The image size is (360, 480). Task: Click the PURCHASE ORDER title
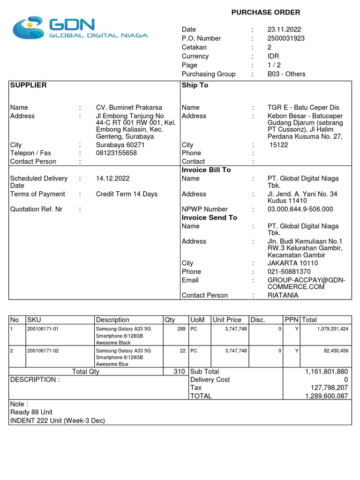point(266,12)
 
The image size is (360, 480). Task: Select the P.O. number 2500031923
point(286,38)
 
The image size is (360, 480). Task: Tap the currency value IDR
point(273,56)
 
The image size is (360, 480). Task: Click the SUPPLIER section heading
point(29,85)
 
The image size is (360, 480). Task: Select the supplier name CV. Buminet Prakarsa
point(129,108)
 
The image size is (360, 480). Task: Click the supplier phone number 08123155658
point(117,153)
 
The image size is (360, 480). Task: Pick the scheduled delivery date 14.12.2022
point(113,179)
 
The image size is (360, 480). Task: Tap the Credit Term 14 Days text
point(127,194)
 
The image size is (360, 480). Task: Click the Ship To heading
point(195,85)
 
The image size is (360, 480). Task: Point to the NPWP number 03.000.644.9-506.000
point(300,210)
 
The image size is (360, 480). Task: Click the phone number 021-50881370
point(289,272)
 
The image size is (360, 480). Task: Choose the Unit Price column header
point(227,320)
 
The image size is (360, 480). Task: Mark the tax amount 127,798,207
point(327,388)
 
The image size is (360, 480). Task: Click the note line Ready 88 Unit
point(31,412)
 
